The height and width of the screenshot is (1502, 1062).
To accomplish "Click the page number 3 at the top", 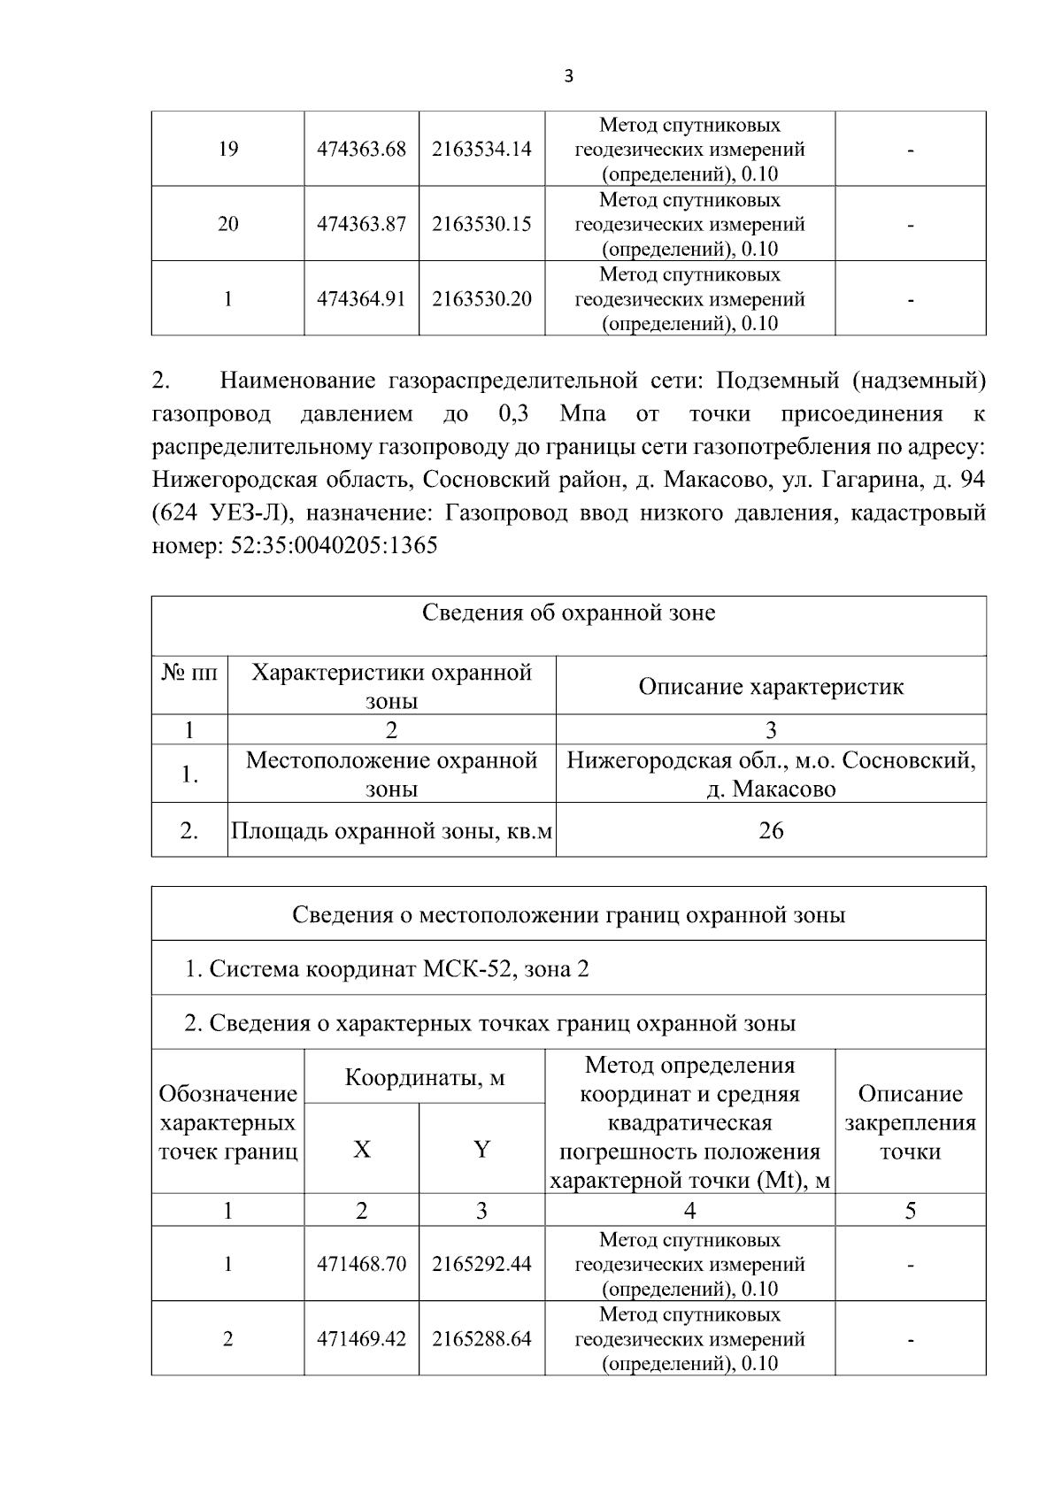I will [x=568, y=77].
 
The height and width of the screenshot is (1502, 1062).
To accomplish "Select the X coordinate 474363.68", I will [x=361, y=149].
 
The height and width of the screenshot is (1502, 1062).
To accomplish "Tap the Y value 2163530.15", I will [x=481, y=224].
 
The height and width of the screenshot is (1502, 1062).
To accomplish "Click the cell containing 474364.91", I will [x=361, y=299].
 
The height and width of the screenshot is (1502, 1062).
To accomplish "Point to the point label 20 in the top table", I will [x=227, y=224].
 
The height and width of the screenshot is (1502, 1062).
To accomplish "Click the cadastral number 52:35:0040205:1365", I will [x=334, y=546].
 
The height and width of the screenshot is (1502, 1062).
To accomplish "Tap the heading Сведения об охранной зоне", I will [x=568, y=612].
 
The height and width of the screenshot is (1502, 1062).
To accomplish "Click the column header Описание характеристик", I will [x=771, y=687].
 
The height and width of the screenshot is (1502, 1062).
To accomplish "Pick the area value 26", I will [x=771, y=830].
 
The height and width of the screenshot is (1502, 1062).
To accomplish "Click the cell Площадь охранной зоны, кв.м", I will [x=391, y=831].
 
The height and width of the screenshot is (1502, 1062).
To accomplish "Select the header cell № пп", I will [x=189, y=674].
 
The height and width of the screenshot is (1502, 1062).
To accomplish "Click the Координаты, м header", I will [x=424, y=1077].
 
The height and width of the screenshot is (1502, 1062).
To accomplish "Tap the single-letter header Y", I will [x=481, y=1150].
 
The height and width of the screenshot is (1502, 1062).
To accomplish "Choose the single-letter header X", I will [x=361, y=1150].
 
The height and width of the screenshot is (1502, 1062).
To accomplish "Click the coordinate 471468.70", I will [x=361, y=1264].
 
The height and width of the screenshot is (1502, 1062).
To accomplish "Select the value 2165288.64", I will [x=481, y=1339].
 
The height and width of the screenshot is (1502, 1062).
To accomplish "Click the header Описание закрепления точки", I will [x=910, y=1122].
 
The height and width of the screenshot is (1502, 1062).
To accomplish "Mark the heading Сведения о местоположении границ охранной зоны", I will [x=568, y=914].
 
